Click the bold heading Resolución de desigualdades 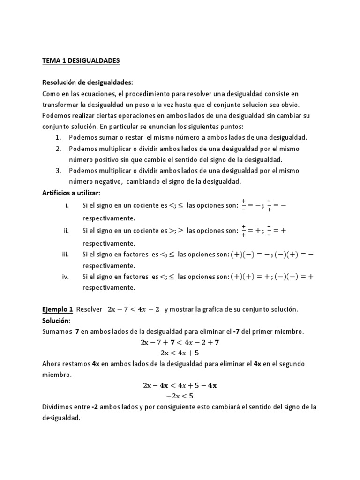(88, 82)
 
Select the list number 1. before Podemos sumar (58, 137)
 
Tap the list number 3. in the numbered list (58, 170)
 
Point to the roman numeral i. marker (67, 205)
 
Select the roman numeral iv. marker (66, 277)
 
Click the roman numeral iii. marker (66, 255)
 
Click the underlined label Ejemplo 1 (58, 309)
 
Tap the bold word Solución (55, 321)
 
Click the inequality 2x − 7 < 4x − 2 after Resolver (134, 309)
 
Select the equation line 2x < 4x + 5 (180, 352)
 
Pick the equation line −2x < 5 (180, 397)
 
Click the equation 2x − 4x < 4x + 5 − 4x (180, 386)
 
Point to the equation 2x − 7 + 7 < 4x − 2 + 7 (180, 342)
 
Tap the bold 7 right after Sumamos (76, 332)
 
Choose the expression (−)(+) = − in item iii (293, 255)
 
